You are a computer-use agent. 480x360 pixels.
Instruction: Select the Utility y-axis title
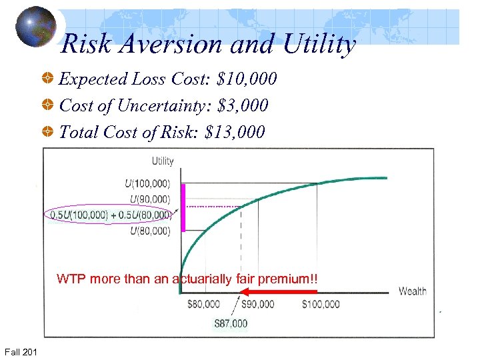163,161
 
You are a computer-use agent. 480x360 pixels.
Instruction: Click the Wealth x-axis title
413,291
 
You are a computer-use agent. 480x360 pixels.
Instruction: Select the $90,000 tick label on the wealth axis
257,305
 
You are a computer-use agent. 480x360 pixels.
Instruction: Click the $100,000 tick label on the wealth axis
321,305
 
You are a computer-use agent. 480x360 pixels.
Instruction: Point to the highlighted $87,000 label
231,324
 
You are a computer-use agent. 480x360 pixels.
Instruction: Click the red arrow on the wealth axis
277,291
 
